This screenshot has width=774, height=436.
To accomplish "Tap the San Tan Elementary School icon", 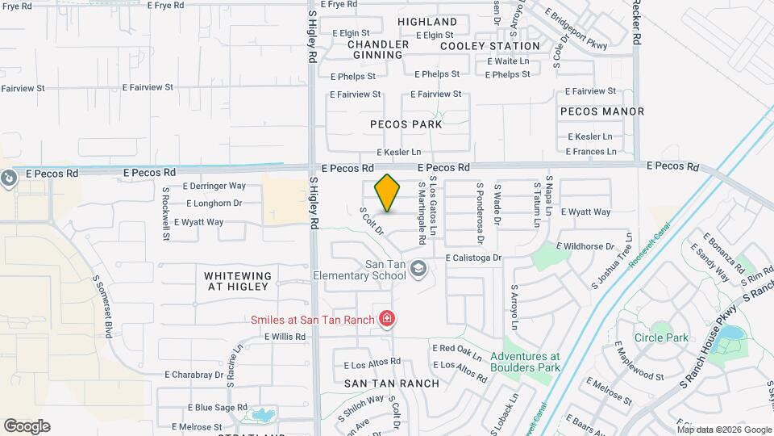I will coord(418,267).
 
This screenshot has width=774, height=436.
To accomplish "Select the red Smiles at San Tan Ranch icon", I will coord(388,320).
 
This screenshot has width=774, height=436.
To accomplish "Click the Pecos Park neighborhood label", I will coord(406,124).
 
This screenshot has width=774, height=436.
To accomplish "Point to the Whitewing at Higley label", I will coord(238,282).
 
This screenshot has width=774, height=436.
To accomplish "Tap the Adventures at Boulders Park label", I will coord(525,362).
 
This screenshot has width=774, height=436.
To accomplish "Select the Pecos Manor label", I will coord(601,111).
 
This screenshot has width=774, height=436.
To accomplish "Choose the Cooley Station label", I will coord(490,46).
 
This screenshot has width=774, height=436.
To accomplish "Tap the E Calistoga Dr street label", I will coord(474,258).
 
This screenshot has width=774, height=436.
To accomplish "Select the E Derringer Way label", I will coord(214,186).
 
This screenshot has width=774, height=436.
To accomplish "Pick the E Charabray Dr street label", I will coord(193,375).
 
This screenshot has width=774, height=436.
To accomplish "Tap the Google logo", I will coord(27,426).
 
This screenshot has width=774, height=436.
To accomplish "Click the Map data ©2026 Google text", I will coord(724,430).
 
